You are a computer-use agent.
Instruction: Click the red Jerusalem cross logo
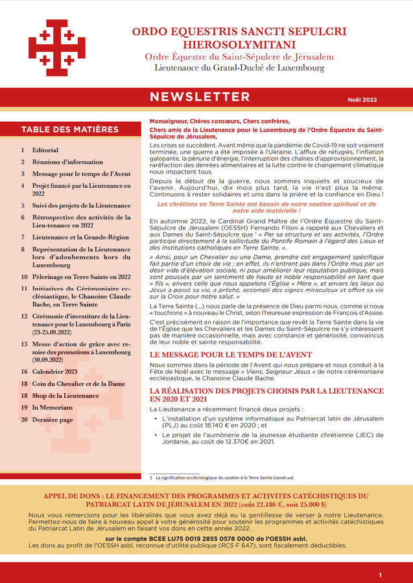coord(57,48)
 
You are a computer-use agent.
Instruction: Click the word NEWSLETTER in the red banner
coord(200,97)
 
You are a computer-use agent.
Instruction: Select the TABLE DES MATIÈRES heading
coord(70,130)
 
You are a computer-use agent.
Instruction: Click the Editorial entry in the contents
coord(45,150)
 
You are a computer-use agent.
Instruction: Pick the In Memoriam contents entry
coord(52,407)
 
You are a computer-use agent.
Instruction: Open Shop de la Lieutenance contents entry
coord(65,396)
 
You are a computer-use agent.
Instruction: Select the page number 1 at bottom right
coord(381,575)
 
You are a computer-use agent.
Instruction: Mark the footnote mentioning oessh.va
coord(224,477)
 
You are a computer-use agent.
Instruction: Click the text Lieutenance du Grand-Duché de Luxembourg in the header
coord(239,67)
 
